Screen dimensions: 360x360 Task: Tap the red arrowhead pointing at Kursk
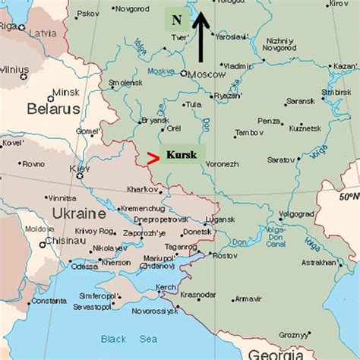tap(153, 158)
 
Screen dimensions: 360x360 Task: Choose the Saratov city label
tap(282, 160)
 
